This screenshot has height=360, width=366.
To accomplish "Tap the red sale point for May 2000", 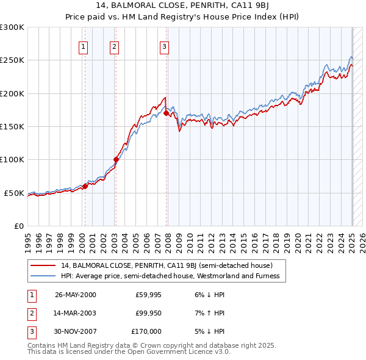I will click(85, 186).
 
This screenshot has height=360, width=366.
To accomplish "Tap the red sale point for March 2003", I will click(116, 160).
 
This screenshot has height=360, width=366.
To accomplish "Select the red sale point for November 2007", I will click(167, 113).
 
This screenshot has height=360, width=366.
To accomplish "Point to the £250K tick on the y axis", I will click(12, 60).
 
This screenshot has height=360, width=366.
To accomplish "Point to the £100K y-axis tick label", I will click(12, 160).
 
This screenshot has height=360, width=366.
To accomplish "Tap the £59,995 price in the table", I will click(148, 295).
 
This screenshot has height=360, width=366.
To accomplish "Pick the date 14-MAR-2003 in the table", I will click(75, 313).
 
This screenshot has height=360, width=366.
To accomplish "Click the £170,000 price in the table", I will click(146, 331).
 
